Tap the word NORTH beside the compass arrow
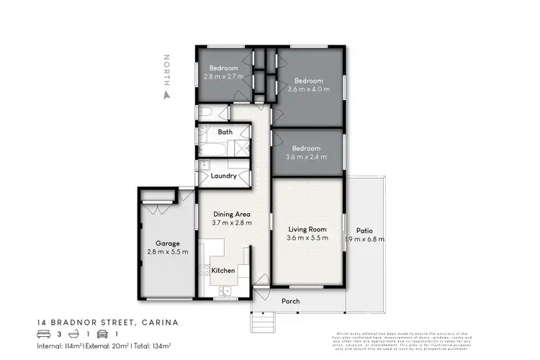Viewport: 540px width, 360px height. [x=167, y=68]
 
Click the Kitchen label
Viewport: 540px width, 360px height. [x=222, y=271]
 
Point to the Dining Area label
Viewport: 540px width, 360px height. [x=231, y=214]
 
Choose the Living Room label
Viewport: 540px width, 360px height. [x=307, y=229]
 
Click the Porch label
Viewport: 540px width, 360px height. [x=290, y=301]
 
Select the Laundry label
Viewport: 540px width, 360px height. [x=223, y=175]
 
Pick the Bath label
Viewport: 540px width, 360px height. [x=224, y=132]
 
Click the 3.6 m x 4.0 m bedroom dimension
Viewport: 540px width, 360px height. [x=307, y=89]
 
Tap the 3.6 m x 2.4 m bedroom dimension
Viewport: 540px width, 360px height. [x=307, y=156]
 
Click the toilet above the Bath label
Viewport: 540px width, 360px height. [x=204, y=112]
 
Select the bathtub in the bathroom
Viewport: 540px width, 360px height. [x=213, y=150]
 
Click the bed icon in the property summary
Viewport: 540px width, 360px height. [x=43, y=333]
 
